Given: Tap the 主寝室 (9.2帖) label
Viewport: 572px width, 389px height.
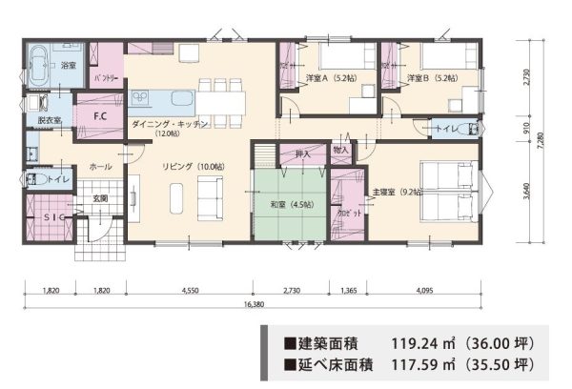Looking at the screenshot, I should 398,191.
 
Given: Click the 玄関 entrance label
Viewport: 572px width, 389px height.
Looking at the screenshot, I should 99,198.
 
